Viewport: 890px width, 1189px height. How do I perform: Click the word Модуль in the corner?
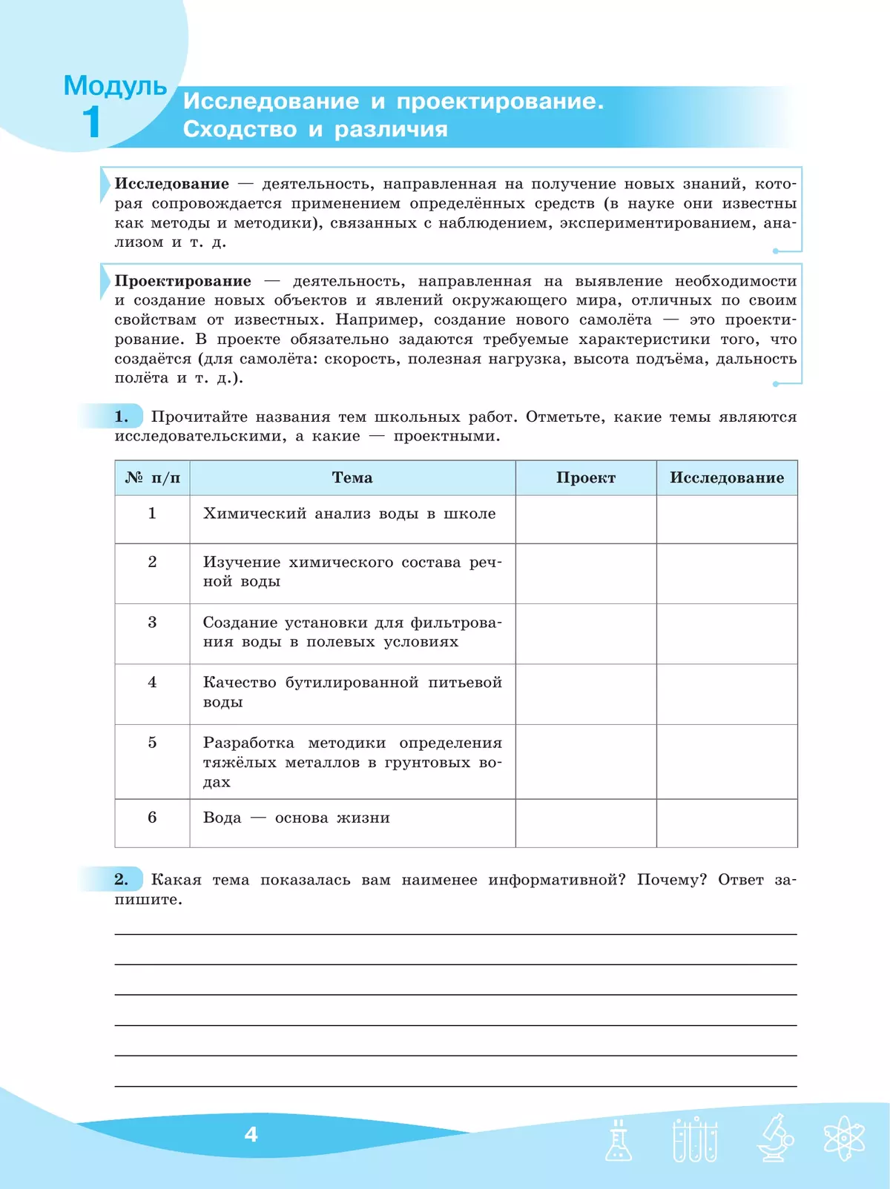115,87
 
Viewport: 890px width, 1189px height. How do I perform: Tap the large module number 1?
91,122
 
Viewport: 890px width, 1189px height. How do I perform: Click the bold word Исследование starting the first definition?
171,184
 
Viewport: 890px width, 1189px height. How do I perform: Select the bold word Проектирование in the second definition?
182,281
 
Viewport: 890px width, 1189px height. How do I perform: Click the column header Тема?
352,478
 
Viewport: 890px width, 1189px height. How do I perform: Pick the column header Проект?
585,478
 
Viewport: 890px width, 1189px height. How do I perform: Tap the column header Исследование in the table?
726,478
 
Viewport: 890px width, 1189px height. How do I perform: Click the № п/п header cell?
152,478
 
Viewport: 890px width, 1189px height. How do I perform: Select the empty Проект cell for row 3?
585,634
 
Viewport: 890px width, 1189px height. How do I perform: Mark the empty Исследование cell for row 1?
726,519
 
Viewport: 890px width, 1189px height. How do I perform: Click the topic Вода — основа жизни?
296,818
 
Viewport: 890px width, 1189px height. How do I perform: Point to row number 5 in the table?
152,743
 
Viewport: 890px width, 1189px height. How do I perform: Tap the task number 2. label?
121,880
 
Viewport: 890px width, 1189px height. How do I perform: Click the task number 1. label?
121,417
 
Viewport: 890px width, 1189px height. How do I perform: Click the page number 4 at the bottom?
251,1134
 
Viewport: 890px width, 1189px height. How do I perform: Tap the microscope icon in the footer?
774,1138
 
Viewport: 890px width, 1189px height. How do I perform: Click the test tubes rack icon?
694,1139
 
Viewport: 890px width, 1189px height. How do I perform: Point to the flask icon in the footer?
618,1139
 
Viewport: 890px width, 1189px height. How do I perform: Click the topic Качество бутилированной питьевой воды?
352,692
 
